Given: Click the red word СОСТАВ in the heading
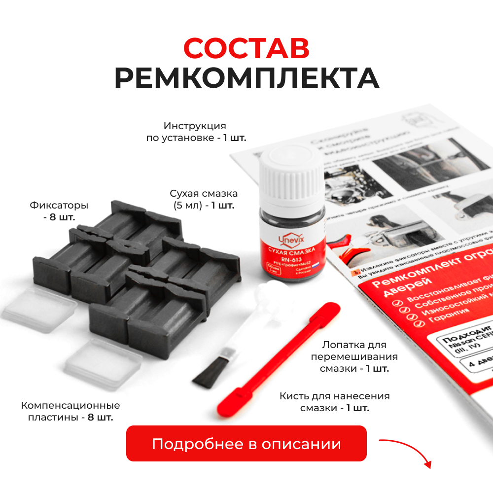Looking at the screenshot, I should coord(246,48).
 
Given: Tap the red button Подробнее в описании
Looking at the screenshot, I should coord(246,443).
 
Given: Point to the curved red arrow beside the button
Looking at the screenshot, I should coord(407,449).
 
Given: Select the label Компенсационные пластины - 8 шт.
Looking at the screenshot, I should coord(70,411).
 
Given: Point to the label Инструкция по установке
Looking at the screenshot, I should coord(196,132).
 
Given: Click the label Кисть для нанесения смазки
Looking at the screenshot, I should coord(334,402).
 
